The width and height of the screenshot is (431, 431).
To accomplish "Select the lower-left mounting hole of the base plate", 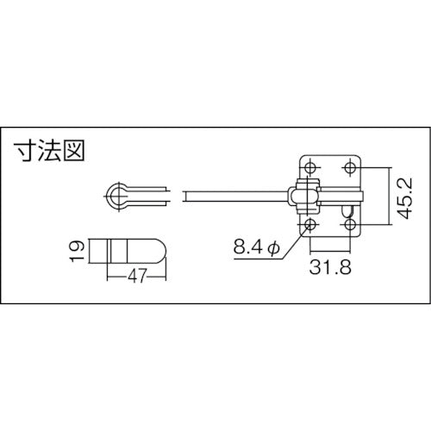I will click(x=311, y=225).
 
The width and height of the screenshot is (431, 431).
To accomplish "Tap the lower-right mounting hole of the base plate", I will click(x=350, y=225).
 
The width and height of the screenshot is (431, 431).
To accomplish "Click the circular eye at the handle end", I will click(x=117, y=197).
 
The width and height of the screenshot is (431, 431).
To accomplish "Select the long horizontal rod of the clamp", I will click(x=233, y=197).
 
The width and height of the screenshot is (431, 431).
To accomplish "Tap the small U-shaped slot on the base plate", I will click(x=347, y=209).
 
